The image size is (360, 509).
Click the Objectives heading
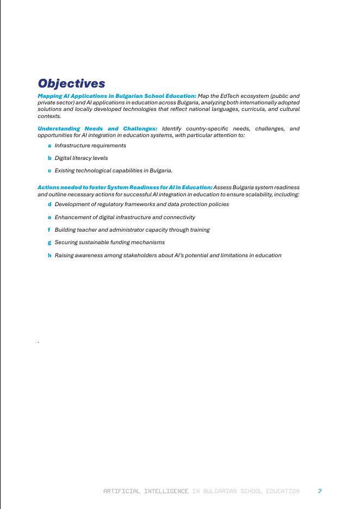click(x=71, y=83)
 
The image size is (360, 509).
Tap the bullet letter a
click(x=49, y=146)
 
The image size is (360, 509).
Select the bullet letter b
click(x=49, y=158)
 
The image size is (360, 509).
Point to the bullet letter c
click(x=49, y=171)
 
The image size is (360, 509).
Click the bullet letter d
click(x=49, y=204)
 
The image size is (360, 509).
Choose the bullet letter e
click(x=49, y=218)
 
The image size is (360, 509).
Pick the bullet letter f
click(x=49, y=230)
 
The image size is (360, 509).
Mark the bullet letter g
click(x=49, y=243)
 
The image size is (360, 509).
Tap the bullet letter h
click(x=49, y=256)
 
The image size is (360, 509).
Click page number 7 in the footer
click(x=320, y=491)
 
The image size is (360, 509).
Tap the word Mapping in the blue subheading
click(x=49, y=96)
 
